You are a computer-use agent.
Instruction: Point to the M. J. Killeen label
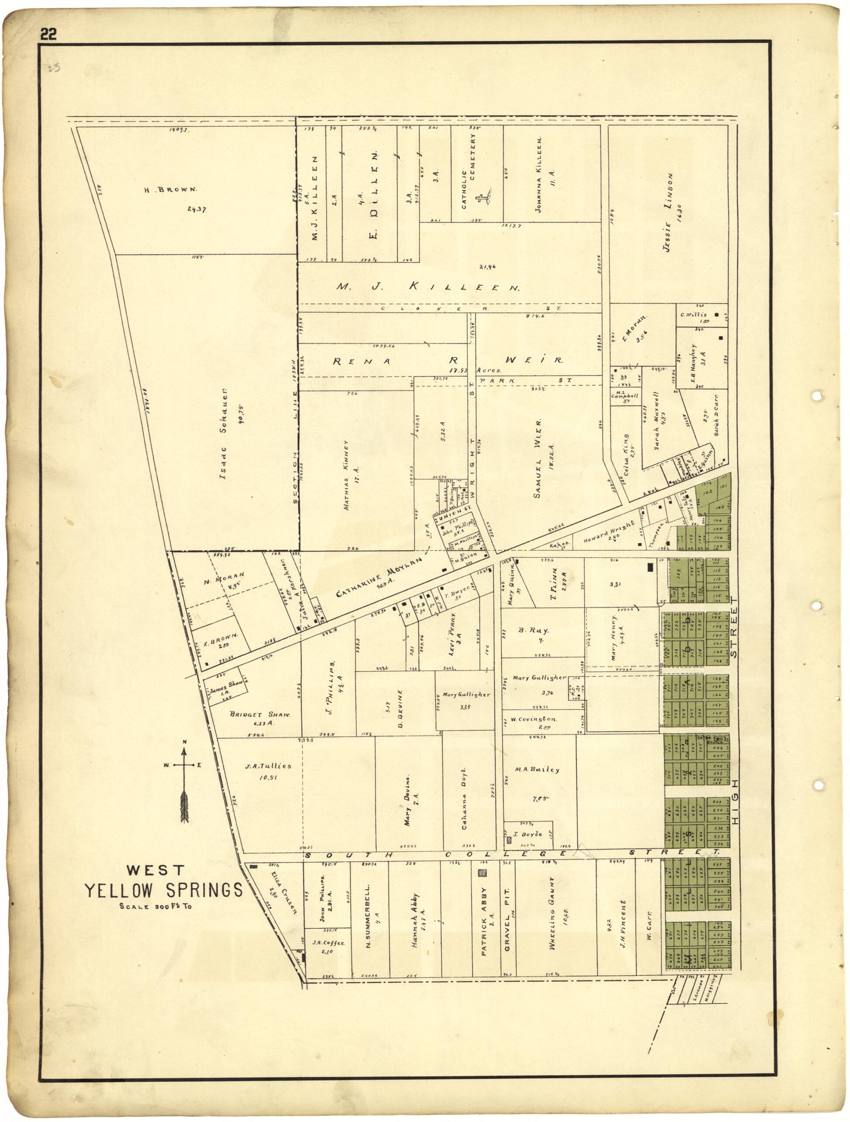coord(428,287)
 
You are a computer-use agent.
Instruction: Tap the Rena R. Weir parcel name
coord(448,361)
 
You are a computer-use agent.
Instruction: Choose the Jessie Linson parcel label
coord(668,212)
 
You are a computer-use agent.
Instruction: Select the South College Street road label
coord(512,854)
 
